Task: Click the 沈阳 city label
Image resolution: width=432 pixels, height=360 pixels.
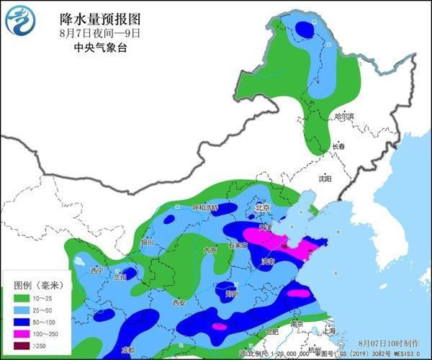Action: pos(325,177)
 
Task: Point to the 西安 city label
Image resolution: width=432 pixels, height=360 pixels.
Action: pos(179,303)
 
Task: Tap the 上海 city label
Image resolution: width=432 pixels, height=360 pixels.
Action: pos(330,331)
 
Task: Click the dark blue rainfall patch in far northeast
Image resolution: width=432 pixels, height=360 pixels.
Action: pos(305,30)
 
